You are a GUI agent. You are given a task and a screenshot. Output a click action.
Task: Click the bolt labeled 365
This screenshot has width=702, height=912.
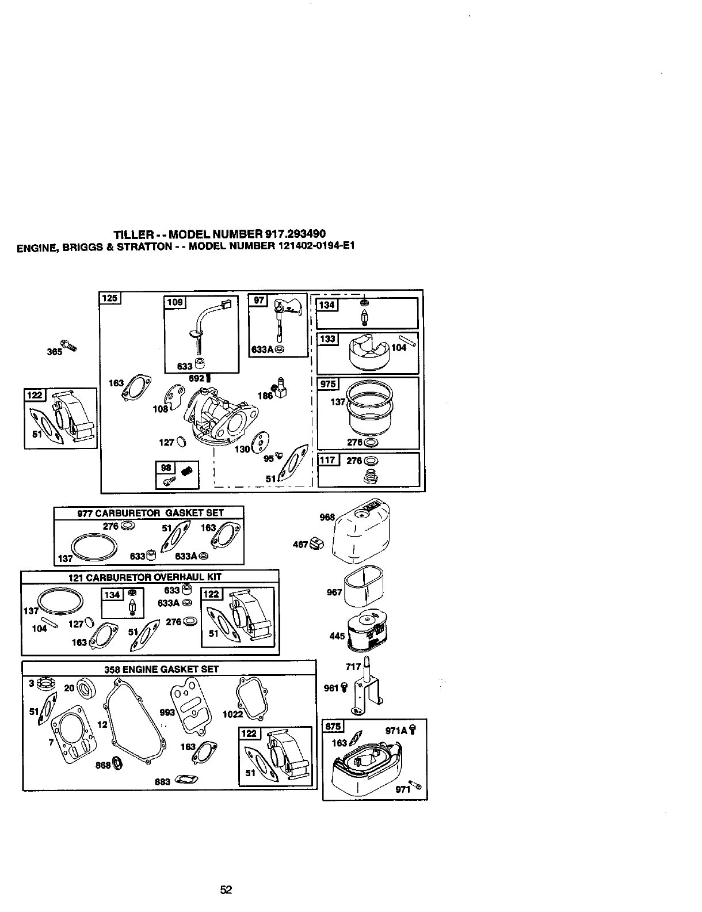tap(70, 346)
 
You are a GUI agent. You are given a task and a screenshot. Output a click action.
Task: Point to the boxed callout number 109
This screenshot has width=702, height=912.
tap(174, 302)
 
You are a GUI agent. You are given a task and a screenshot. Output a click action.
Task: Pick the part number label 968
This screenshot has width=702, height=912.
tap(327, 517)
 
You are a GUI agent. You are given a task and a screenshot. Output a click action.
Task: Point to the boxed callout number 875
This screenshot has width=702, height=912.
tap(333, 726)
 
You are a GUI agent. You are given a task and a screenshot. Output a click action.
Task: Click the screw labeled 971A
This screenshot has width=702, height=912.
tap(412, 729)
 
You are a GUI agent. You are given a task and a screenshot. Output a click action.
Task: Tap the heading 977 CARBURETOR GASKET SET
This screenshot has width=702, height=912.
tap(150, 512)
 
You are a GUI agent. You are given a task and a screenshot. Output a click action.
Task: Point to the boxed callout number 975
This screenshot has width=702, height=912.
tap(329, 384)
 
